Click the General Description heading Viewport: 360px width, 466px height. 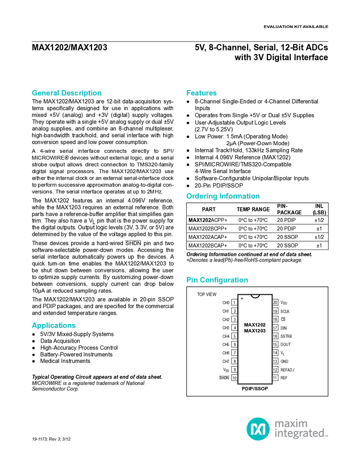pyautogui.click(x=66, y=93)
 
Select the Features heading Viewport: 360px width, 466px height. pyautogui.click(x=202, y=93)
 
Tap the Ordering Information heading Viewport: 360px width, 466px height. pyautogui.click(x=222, y=196)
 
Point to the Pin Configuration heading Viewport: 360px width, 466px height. pyautogui.click(x=217, y=280)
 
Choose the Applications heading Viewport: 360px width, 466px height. pyautogui.click(x=54, y=326)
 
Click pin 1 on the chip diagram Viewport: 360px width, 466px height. pyautogui.click(x=235, y=302)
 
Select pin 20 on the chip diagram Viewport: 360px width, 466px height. pyautogui.click(x=275, y=302)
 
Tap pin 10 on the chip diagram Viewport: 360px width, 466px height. pyautogui.click(x=235, y=378)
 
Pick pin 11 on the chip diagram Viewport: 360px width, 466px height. pyautogui.click(x=275, y=378)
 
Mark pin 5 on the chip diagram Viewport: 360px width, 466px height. pyautogui.click(x=235, y=336)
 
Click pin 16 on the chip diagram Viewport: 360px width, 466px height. pyautogui.click(x=275, y=336)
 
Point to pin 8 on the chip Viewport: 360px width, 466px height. pyautogui.click(x=235, y=361)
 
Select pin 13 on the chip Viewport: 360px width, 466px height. pyautogui.click(x=275, y=361)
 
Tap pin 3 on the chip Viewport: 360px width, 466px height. pyautogui.click(x=235, y=319)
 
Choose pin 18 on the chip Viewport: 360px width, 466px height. pyautogui.click(x=275, y=319)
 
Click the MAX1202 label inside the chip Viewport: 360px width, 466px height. pyautogui.click(x=255, y=325)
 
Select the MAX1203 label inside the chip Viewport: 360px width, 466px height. pyautogui.click(x=255, y=331)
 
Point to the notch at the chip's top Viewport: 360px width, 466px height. pyautogui.click(x=255, y=297)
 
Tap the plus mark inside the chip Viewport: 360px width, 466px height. pyautogui.click(x=242, y=299)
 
